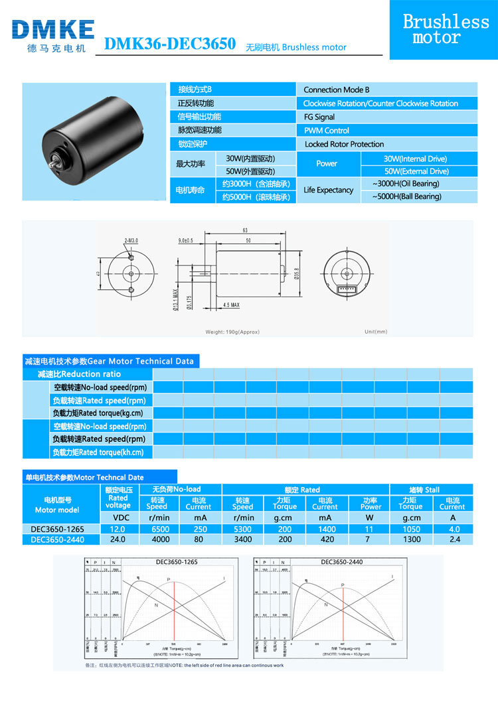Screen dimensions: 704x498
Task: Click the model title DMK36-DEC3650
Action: [x=171, y=44]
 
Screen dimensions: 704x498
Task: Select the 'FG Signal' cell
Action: [x=319, y=117]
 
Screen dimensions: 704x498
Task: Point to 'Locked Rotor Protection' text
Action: [x=344, y=144]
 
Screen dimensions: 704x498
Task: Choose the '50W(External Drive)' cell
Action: [x=416, y=172]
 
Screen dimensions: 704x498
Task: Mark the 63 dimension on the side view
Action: [x=245, y=231]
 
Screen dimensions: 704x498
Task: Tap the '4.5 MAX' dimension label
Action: [x=231, y=305]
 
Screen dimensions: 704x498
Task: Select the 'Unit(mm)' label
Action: [x=375, y=332]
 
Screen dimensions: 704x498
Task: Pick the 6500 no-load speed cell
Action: [x=157, y=529]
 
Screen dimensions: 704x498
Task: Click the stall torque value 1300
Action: [x=410, y=539]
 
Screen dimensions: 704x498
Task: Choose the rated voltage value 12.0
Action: [x=118, y=529]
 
